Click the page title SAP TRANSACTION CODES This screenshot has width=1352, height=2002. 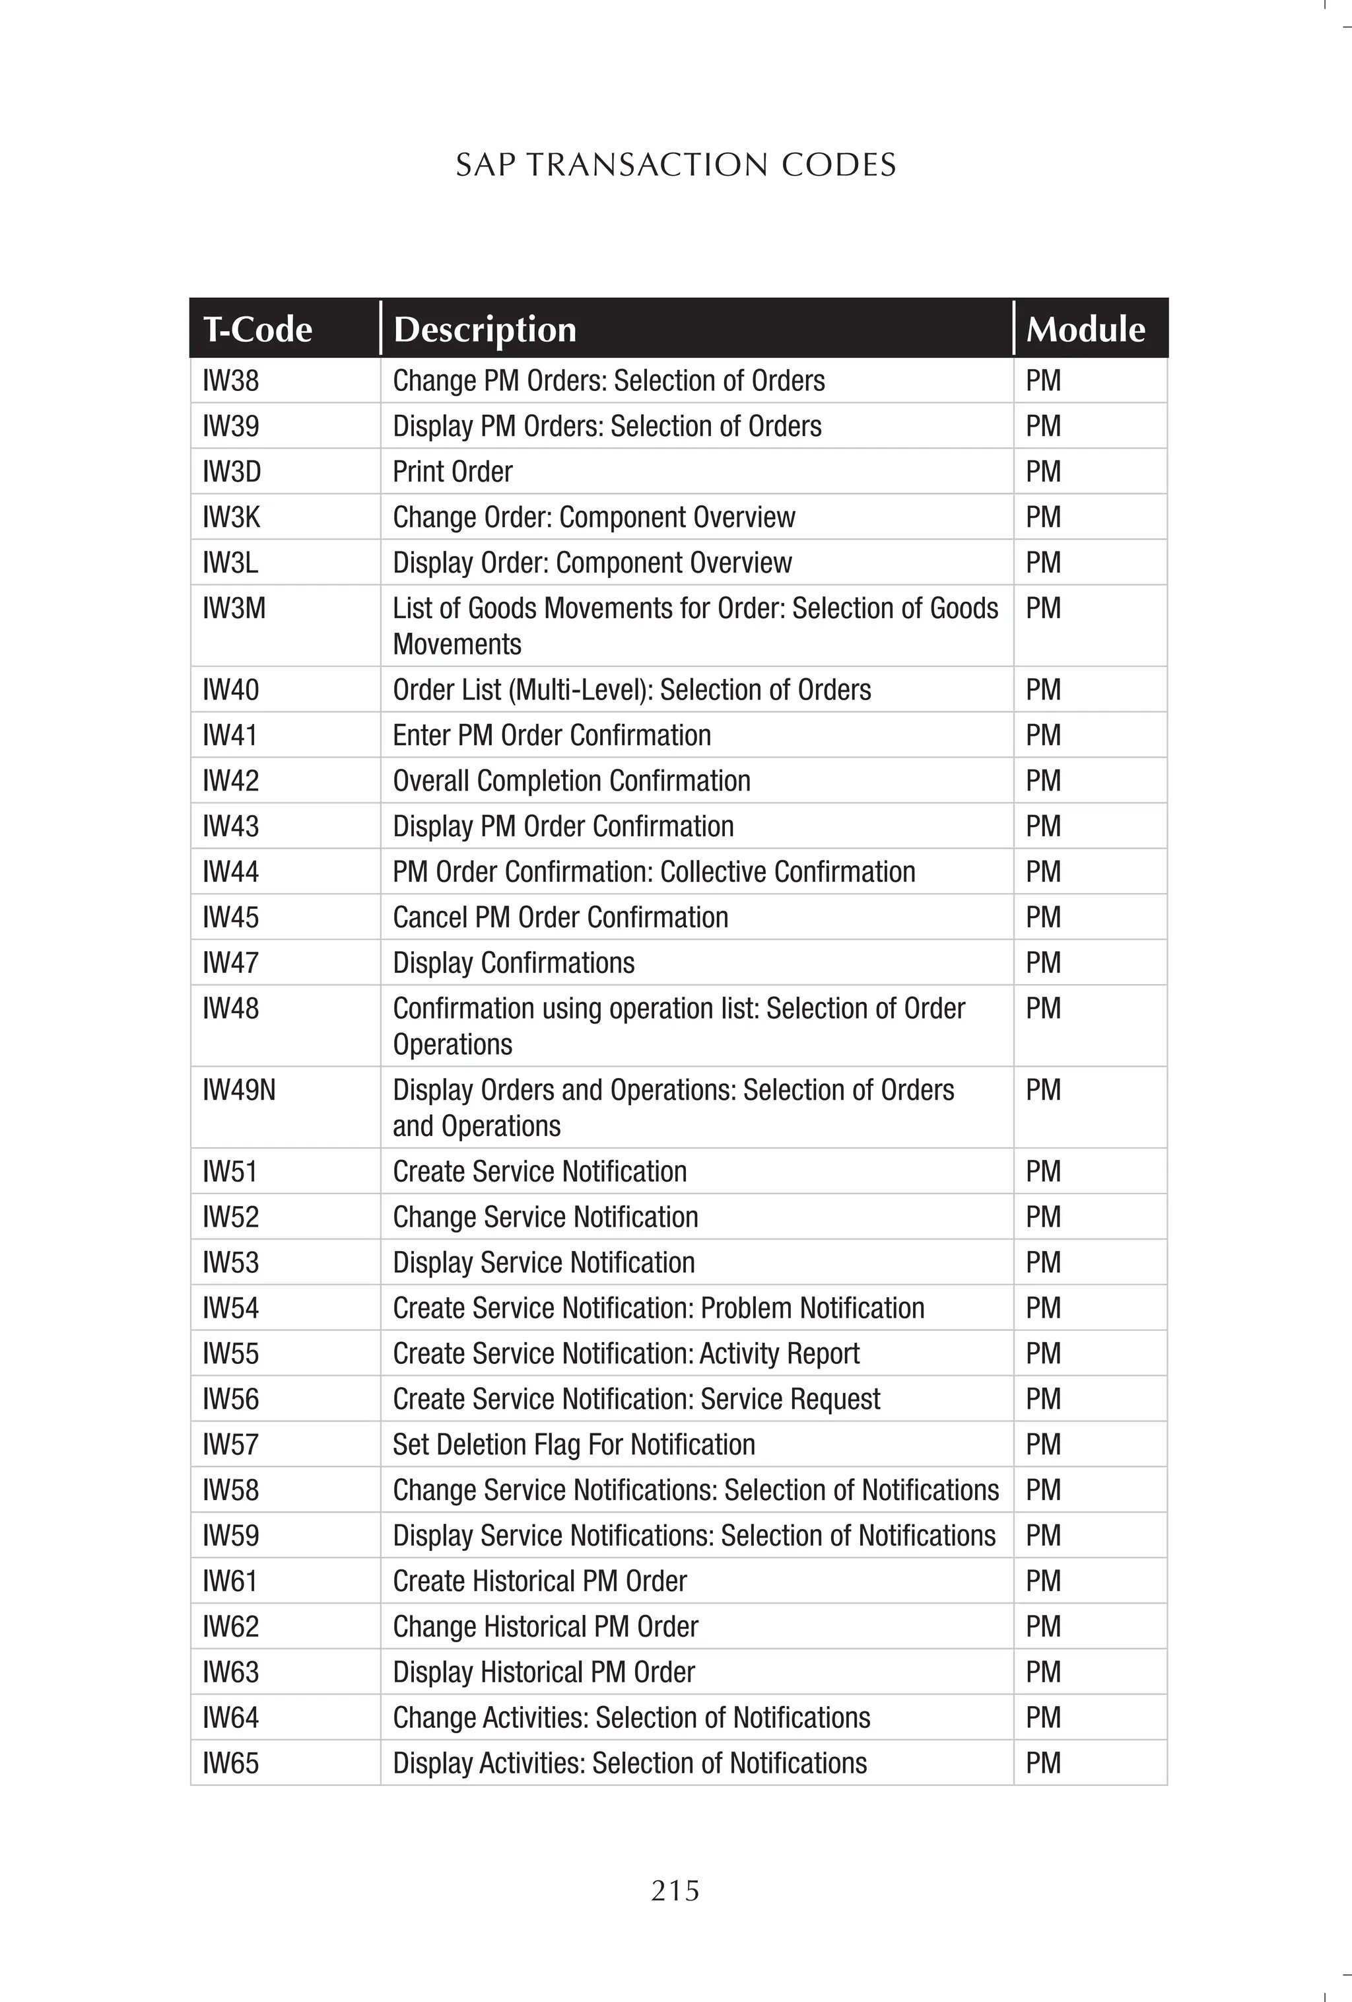click(x=675, y=164)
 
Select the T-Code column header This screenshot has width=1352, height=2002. click(x=257, y=329)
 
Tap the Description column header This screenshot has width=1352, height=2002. click(x=484, y=329)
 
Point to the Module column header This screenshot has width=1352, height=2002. click(x=1085, y=329)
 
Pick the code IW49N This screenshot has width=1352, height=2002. click(x=240, y=1090)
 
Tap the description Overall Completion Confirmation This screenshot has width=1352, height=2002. click(x=572, y=781)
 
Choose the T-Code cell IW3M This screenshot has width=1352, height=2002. click(x=234, y=608)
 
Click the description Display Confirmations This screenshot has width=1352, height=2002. click(x=513, y=962)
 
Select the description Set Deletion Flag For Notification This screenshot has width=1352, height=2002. click(x=574, y=1444)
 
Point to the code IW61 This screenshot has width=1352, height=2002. click(x=230, y=1581)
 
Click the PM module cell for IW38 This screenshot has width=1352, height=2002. click(x=1043, y=380)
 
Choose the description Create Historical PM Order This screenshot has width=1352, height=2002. click(x=540, y=1581)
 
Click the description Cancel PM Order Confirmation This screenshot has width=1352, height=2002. click(x=560, y=917)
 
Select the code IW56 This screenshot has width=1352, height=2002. click(x=231, y=1398)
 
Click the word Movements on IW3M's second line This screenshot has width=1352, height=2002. click(x=457, y=645)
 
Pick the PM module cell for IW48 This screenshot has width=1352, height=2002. click(x=1043, y=1008)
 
